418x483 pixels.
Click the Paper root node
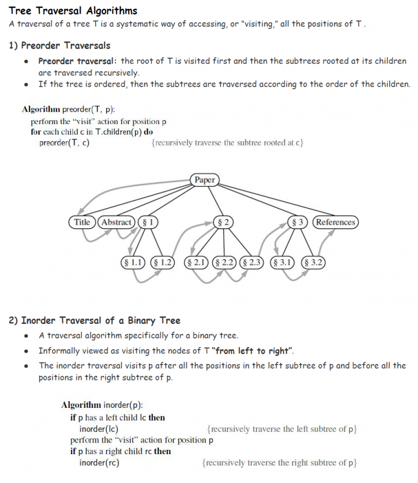[205, 180]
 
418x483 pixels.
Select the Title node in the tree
[82, 222]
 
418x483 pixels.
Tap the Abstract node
[116, 222]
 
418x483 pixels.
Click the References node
[335, 222]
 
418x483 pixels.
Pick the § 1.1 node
[134, 262]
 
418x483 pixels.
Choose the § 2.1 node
[197, 262]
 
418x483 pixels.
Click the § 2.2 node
[224, 262]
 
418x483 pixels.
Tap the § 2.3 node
[251, 262]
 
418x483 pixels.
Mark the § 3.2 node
[313, 262]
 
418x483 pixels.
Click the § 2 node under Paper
[222, 222]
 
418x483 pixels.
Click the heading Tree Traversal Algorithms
[73, 10]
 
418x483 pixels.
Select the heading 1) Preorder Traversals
[60, 45]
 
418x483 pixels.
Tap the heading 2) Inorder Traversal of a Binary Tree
[94, 320]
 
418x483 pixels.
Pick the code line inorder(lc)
[99, 429]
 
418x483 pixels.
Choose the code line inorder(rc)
[99, 463]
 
